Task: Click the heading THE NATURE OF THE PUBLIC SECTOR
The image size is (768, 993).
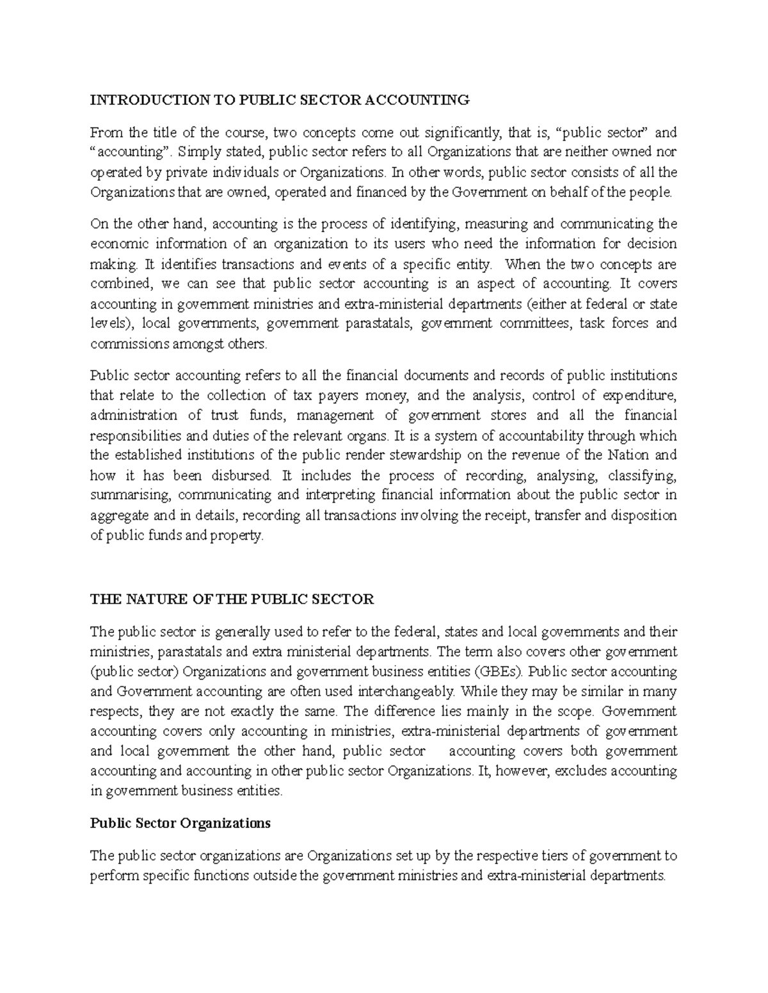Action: pyautogui.click(x=232, y=599)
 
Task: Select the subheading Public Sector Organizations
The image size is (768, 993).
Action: pyautogui.click(x=180, y=823)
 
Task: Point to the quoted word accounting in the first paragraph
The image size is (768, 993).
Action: pyautogui.click(x=134, y=153)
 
